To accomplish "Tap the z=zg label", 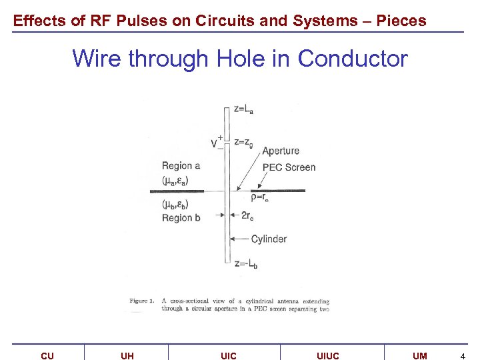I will point(243,141).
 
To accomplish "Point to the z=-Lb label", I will point(246,264).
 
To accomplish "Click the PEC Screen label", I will point(289,167).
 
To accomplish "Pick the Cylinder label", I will point(269,239).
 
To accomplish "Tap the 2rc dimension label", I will point(247,215).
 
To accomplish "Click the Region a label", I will point(181,166).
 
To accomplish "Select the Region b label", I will point(181,218).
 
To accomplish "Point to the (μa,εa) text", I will point(175,180).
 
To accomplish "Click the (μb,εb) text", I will point(175,204).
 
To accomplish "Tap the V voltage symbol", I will point(215,143).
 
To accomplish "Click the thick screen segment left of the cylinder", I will point(177,191).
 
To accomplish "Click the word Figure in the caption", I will point(139,301).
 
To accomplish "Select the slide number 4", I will point(462,356).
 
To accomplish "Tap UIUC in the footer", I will point(327,356).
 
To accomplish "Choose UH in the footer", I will point(127,356).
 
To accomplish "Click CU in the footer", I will point(47,356).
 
